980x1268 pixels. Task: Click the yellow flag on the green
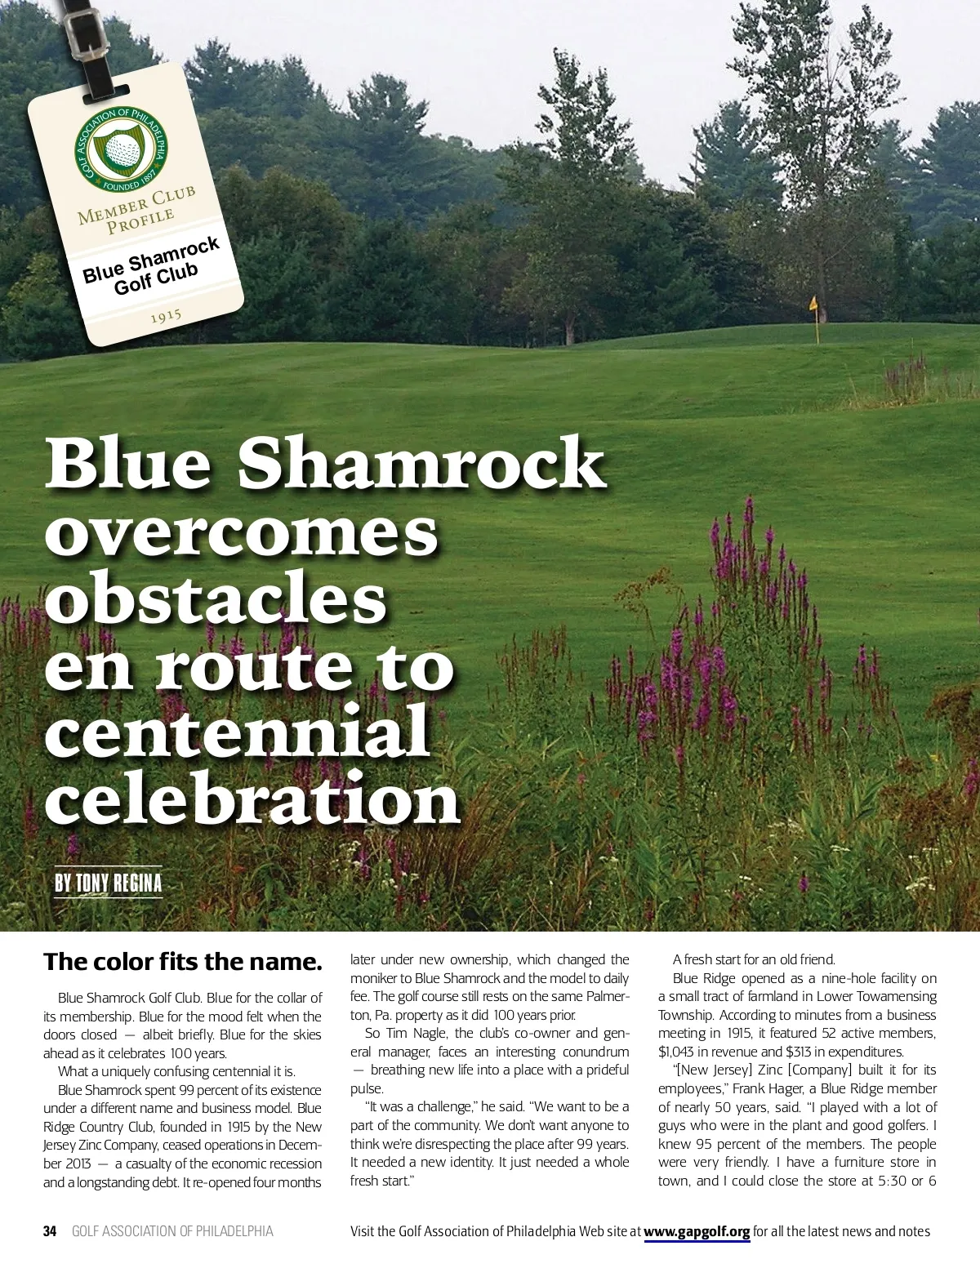click(x=813, y=304)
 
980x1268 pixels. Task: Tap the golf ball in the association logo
click(x=124, y=150)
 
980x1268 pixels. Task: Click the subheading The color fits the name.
click(x=183, y=961)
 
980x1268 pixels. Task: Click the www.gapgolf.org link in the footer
click(x=697, y=1231)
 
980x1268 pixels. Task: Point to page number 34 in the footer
click(x=50, y=1231)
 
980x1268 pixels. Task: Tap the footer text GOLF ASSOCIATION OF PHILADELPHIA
click(x=172, y=1231)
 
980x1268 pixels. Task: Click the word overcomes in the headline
click(x=242, y=532)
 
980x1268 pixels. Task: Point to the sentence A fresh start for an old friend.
click(x=753, y=960)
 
